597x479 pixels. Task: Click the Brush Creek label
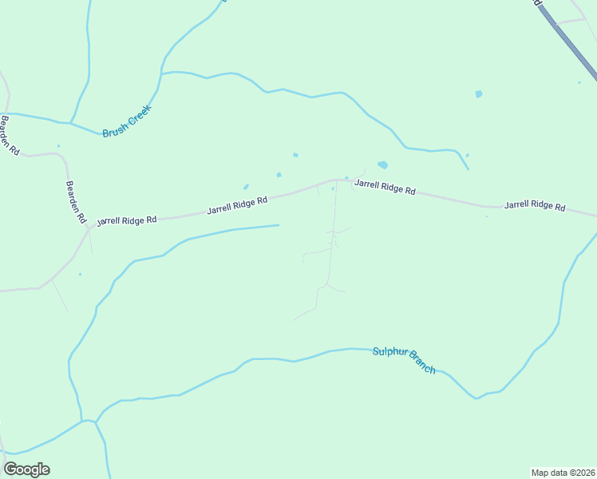coord(127,121)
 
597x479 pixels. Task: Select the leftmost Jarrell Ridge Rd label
coord(126,220)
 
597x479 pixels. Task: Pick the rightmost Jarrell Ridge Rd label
coord(535,205)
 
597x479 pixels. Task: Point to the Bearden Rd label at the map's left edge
coord(9,136)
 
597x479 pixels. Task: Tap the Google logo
coord(26,469)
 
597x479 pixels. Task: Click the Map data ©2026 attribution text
coord(563,473)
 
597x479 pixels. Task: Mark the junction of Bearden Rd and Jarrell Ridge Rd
coord(87,228)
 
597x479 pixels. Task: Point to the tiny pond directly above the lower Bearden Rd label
coord(58,146)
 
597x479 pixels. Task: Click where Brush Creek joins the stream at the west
coord(71,124)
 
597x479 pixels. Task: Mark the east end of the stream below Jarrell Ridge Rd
coord(279,225)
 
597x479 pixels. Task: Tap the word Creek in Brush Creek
coord(140,115)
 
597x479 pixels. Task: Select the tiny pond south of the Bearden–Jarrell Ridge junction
coord(80,275)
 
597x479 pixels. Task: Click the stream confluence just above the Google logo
coord(83,421)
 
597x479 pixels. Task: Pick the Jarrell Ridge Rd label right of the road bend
coord(385,188)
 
